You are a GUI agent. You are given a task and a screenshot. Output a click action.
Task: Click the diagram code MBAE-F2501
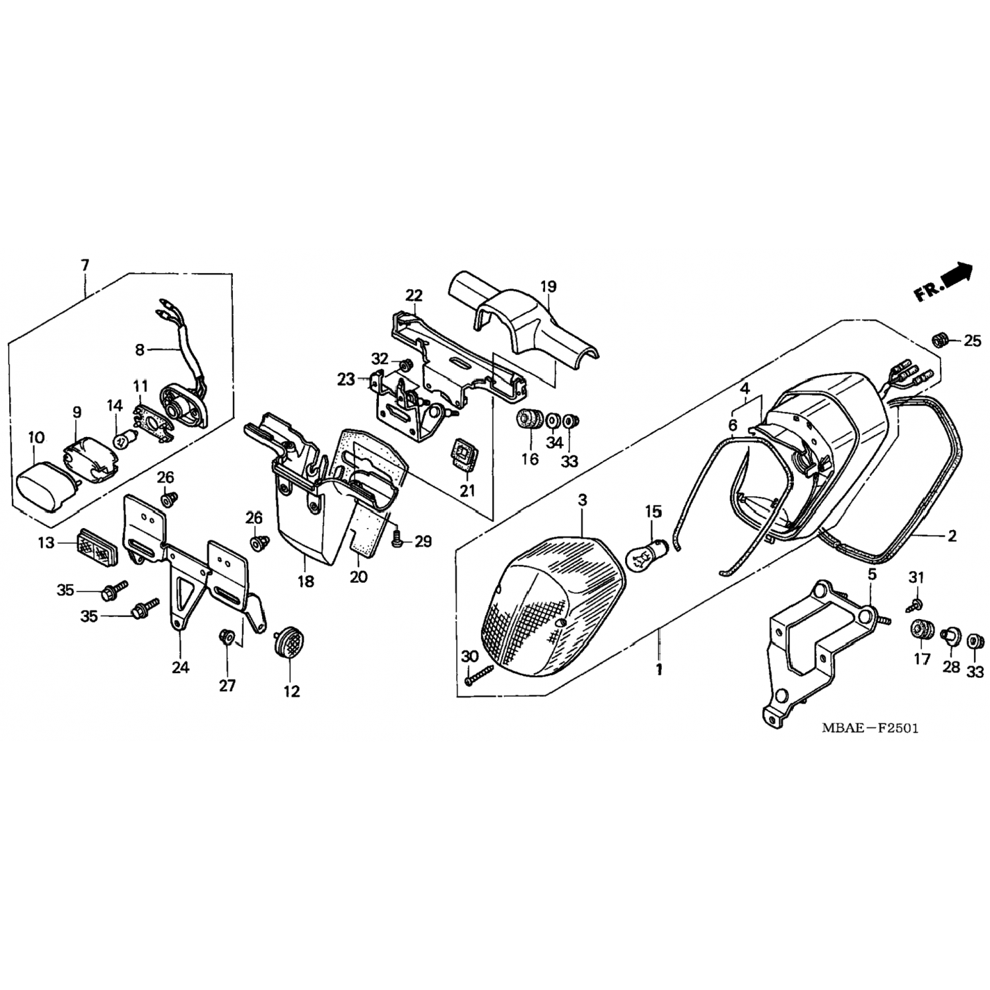coord(870,728)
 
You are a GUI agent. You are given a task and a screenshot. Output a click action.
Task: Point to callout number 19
coord(548,287)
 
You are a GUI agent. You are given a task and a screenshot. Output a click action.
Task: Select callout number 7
coord(84,266)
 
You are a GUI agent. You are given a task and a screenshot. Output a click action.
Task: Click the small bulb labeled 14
coord(123,438)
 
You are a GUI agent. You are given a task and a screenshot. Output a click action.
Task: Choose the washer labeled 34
coord(554,420)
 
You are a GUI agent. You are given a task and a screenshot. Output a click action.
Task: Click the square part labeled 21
coord(465,456)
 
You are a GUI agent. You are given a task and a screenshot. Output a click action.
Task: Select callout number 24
coord(180,667)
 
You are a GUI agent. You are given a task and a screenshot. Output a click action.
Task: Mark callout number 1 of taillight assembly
coord(659,671)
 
